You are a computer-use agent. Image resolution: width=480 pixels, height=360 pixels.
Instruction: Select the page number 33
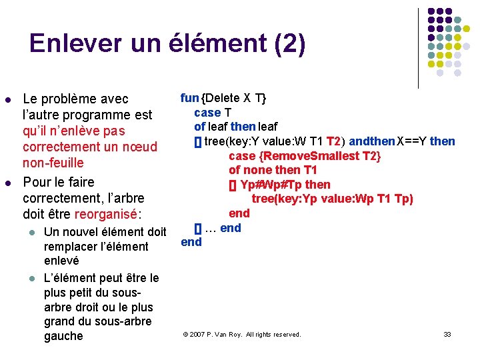[x=447, y=334]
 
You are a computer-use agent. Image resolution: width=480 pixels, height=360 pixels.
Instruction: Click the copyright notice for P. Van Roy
[x=241, y=334]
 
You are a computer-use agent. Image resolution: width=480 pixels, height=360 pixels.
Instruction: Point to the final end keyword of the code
[x=191, y=242]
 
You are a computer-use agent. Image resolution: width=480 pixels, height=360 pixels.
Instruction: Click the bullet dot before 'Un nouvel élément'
[x=31, y=233]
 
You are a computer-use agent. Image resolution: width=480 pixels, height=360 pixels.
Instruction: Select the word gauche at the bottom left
[x=63, y=336]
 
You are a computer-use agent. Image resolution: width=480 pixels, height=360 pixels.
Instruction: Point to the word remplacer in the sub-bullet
[x=73, y=247]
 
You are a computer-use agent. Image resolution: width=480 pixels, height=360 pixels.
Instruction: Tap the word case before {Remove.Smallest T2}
[x=242, y=155]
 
